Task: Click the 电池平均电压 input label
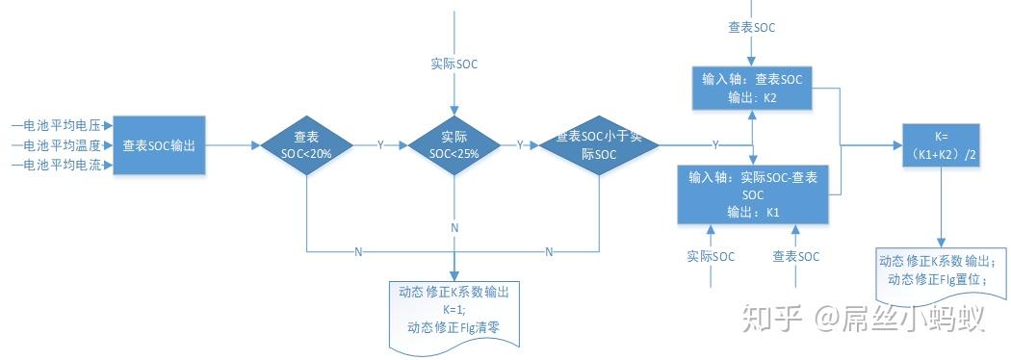click(x=61, y=124)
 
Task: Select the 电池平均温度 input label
click(x=61, y=145)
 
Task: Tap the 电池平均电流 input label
click(x=61, y=166)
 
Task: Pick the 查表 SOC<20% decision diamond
click(x=305, y=145)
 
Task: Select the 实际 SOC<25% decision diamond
click(x=453, y=145)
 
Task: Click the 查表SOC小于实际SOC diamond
click(x=599, y=145)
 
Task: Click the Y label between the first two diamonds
click(x=379, y=145)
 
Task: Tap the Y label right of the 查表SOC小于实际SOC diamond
click(x=714, y=145)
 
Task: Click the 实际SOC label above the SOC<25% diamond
click(x=454, y=64)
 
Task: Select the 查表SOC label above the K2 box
click(x=751, y=27)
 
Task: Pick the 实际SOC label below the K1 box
click(x=711, y=256)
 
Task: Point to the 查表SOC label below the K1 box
click(x=796, y=256)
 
